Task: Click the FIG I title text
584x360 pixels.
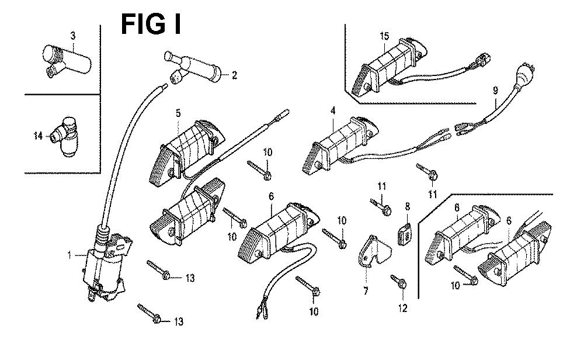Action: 151,25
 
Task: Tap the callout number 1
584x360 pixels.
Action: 69,255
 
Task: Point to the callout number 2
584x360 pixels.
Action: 234,75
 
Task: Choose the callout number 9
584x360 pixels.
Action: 495,91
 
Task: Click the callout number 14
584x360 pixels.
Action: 37,136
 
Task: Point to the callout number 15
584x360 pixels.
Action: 384,36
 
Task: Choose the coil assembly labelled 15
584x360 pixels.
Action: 391,64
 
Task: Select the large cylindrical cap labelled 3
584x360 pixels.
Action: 67,58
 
